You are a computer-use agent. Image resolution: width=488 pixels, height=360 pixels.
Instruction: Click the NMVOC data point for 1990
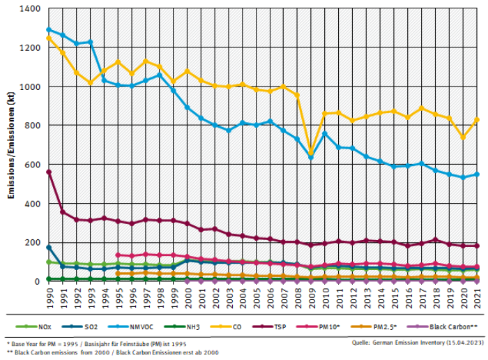point(48,30)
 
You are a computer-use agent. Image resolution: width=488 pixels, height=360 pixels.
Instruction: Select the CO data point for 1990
point(48,38)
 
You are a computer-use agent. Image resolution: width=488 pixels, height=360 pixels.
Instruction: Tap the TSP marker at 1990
point(48,172)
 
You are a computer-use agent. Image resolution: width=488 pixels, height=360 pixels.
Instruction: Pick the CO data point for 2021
point(477,120)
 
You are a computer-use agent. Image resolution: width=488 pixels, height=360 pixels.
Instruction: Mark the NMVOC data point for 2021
point(477,174)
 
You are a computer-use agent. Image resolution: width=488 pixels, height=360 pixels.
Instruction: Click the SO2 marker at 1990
point(48,247)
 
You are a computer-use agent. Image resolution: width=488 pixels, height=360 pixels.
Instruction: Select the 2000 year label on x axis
point(187,297)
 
